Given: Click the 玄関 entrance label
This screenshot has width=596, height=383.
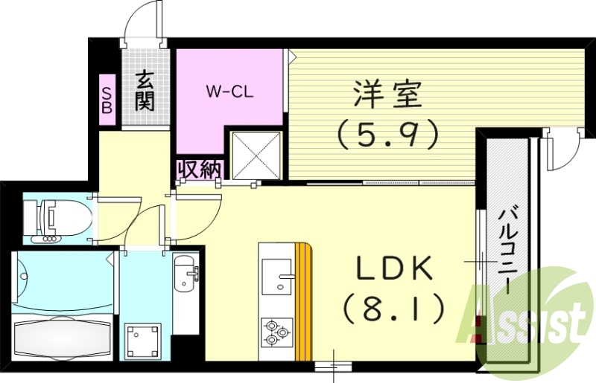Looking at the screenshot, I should tap(145, 89).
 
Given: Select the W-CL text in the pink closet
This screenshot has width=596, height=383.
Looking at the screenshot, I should tap(231, 92).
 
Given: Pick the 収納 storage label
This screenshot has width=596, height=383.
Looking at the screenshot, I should tap(199, 169).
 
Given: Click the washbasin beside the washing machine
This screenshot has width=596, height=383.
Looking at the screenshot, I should tap(183, 275).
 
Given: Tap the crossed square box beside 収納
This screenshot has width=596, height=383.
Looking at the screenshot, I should tap(256, 155).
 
